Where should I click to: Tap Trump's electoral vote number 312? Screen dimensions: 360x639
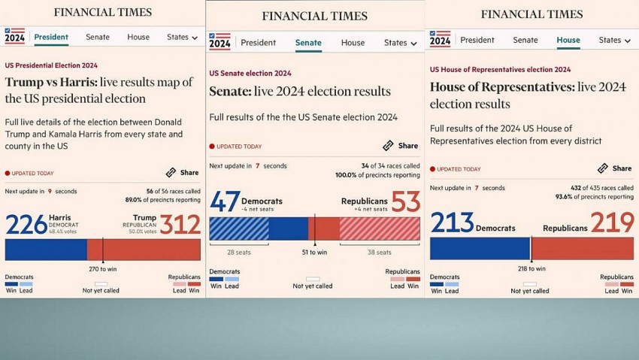(x=180, y=225)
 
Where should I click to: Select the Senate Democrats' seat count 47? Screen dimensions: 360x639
(x=224, y=202)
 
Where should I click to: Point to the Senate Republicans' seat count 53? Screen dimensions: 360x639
(x=406, y=202)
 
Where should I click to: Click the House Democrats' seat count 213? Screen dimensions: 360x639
(x=452, y=223)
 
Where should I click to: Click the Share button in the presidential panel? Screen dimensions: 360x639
(x=183, y=172)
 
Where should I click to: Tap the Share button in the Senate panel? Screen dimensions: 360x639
(x=401, y=146)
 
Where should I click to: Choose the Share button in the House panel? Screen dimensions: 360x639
(x=615, y=168)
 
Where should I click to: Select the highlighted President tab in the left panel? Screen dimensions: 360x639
(x=51, y=37)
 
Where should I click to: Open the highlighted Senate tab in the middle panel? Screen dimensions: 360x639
(x=308, y=43)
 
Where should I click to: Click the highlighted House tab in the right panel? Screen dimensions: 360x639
(x=568, y=40)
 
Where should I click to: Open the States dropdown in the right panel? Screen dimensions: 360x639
(x=614, y=40)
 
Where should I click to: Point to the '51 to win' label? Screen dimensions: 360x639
(x=315, y=253)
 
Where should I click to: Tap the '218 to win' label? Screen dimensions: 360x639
(x=531, y=268)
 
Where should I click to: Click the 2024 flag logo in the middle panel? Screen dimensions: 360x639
(x=220, y=41)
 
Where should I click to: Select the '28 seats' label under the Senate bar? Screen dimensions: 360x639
(x=238, y=253)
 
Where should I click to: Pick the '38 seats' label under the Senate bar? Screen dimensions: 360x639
(x=380, y=253)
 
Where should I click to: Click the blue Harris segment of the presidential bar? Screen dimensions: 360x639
(x=45, y=250)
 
